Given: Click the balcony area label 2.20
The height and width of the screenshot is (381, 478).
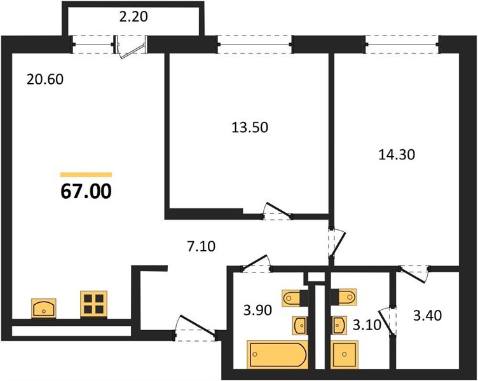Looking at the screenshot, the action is (133, 17).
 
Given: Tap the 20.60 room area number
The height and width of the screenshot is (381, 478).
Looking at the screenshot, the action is (45, 79).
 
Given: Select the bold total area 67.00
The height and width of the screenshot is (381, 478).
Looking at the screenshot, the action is (86, 192).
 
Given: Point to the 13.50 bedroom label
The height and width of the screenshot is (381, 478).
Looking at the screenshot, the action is (250, 127).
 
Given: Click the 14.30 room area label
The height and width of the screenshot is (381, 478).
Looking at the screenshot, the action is (397, 155).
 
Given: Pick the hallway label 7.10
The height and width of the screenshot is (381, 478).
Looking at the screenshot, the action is (201, 246).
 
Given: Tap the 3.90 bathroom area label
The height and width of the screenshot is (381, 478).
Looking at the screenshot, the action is (257, 311).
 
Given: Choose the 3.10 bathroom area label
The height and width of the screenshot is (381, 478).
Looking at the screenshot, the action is (367, 325).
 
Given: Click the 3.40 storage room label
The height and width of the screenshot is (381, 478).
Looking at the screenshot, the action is (427, 316).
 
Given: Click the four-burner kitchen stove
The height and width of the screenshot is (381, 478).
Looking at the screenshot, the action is (94, 305).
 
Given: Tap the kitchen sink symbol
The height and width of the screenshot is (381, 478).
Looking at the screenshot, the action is (44, 309).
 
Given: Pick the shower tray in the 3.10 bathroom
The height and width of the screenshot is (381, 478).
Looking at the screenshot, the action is (345, 354).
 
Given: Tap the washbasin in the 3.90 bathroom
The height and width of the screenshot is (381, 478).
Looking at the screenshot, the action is (299, 325).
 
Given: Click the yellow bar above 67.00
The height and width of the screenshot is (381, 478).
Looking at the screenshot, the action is (86, 175).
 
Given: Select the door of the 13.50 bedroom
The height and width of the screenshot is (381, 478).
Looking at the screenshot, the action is (277, 211).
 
